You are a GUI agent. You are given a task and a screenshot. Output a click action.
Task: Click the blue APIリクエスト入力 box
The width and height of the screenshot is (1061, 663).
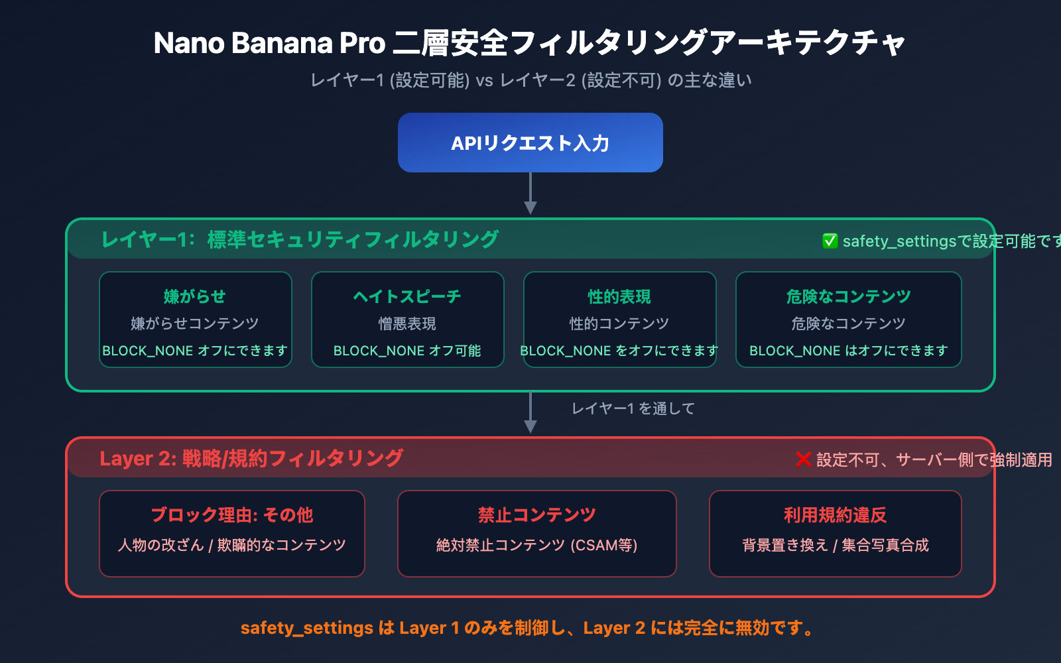pos(530,143)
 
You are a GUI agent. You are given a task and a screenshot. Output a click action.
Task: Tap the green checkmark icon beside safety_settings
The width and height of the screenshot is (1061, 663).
pos(830,241)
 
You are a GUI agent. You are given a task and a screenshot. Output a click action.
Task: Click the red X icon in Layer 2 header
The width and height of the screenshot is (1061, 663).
pos(803,459)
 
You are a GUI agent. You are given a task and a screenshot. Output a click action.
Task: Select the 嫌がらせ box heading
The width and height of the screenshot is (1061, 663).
pos(195,296)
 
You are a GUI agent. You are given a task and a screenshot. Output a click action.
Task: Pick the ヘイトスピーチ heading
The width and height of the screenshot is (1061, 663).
pos(407,296)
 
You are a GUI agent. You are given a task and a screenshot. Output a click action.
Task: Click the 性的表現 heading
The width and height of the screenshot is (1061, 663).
pos(619,296)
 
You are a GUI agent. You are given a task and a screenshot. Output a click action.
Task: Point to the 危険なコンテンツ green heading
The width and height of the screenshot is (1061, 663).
pos(848,296)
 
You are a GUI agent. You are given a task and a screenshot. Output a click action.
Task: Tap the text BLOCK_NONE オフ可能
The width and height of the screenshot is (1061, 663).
pos(407,351)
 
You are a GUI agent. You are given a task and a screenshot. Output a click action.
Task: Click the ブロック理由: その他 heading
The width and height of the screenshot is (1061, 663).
pos(231,515)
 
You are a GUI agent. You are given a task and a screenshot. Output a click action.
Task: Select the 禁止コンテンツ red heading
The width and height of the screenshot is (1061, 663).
pos(536,515)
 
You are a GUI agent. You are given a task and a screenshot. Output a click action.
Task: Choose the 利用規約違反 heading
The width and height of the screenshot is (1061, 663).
pos(835,515)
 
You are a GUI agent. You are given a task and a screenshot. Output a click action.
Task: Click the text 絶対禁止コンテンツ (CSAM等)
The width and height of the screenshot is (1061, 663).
pos(536,545)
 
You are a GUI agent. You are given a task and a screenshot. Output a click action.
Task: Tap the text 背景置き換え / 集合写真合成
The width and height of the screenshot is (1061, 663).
pos(835,545)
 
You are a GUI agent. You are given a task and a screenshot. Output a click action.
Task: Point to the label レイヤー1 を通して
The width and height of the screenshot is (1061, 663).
pos(633,408)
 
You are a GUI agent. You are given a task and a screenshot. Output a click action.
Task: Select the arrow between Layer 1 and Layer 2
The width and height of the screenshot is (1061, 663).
pos(530,413)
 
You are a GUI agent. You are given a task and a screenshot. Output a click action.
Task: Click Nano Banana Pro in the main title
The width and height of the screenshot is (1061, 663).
pos(269,43)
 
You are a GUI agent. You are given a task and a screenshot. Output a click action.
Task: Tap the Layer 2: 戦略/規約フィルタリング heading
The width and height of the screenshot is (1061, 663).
pos(251,458)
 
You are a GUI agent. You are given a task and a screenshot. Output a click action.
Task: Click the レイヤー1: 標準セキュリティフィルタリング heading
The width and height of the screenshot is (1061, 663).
pos(300,239)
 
